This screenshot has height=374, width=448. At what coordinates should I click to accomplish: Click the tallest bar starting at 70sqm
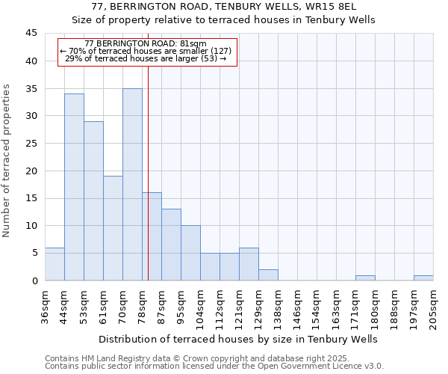pos(132,185)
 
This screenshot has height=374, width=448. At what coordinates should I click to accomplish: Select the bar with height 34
pos(74,187)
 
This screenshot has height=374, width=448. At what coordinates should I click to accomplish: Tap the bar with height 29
pos(93,200)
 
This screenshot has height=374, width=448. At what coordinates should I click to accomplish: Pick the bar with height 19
pos(113,228)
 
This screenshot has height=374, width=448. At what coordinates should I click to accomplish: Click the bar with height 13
pos(171,245)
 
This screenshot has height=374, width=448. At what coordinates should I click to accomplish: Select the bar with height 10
pos(190,253)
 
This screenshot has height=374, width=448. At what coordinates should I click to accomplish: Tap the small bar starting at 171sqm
pos(365,278)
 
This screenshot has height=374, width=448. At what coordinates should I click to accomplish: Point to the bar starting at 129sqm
pos(268,275)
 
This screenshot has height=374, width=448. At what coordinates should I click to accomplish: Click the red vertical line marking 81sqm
pos(148,187)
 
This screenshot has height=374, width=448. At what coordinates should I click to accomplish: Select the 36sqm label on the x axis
pos(46,307)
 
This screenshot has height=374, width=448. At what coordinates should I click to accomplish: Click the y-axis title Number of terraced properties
pos(7,161)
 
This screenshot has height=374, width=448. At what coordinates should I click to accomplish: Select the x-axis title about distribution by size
pos(237,339)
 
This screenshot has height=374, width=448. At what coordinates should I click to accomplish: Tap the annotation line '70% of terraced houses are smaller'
pos(146,51)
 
